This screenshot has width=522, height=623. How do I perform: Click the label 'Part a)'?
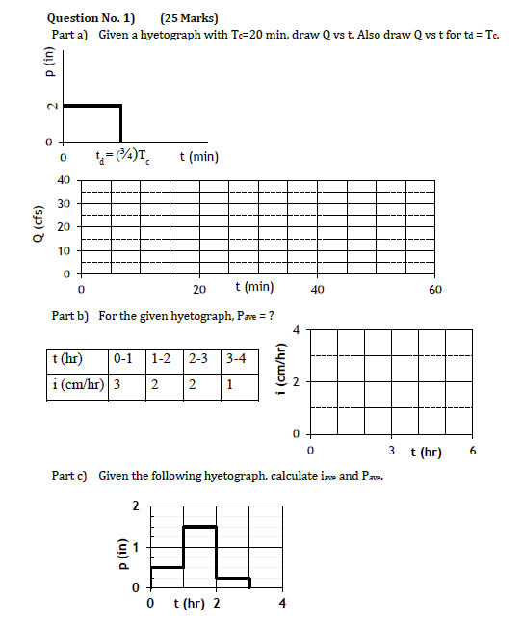pos(69,34)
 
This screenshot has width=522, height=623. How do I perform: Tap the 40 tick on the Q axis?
pos(64,180)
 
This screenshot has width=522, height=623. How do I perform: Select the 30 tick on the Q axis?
pos(64,204)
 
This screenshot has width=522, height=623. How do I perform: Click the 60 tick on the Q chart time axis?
pos(435,288)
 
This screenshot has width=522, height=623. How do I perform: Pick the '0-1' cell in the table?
pos(122,359)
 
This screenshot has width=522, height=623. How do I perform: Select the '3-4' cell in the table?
pos(234,359)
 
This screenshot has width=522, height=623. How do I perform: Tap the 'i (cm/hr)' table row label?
pos(77,385)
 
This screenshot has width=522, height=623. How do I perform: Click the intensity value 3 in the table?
pos(117,385)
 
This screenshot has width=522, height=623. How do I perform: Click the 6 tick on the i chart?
pos(473,451)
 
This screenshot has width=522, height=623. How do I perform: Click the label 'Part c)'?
pos(68,476)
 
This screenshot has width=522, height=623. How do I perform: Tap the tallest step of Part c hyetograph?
pos(199,527)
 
